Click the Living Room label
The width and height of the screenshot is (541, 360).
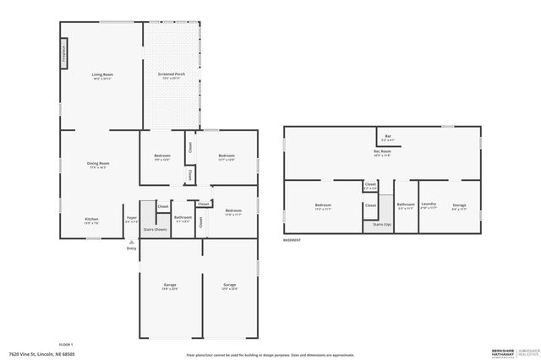103,75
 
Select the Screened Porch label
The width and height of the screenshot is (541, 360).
172,74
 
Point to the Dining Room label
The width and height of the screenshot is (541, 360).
98,163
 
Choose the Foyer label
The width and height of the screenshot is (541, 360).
132,218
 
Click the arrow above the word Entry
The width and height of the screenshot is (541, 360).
131,241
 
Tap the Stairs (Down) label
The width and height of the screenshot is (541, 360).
155,230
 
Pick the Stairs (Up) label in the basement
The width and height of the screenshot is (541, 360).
382,224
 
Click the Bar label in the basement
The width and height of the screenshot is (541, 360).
388,135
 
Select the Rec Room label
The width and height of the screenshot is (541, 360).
382,151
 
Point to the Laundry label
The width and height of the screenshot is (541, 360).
429,204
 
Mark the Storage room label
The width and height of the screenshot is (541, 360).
459,204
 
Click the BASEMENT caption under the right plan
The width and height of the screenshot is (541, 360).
292,241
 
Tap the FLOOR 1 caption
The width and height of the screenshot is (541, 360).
66,344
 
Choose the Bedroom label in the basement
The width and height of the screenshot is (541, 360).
323,204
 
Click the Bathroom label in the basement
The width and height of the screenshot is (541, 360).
406,204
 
